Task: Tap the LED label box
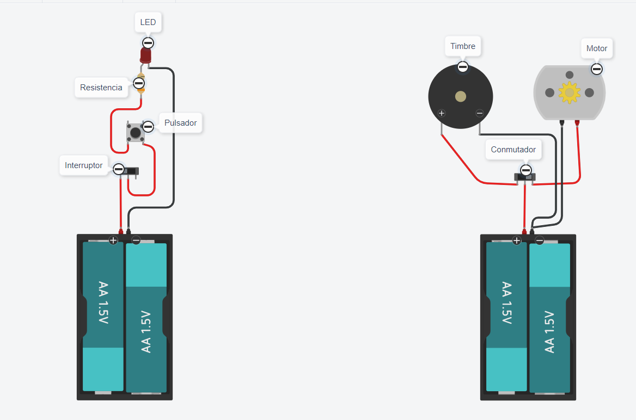point(148,22)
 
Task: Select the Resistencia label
point(101,88)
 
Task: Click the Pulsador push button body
point(135,132)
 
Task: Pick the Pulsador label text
point(180,123)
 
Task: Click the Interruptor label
point(83,165)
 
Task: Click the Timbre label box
point(463,46)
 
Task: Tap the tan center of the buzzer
point(461,97)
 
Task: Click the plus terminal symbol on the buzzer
point(442,114)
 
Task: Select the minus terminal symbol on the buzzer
point(479,113)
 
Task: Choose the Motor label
point(597,48)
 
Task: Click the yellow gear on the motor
point(570,92)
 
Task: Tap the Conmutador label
point(513,150)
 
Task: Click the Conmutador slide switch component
point(525,177)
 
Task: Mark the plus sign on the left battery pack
point(113,240)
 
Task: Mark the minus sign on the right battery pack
point(540,240)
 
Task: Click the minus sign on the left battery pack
point(136,240)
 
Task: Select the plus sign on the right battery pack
point(517,240)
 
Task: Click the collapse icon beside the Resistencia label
point(139,83)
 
